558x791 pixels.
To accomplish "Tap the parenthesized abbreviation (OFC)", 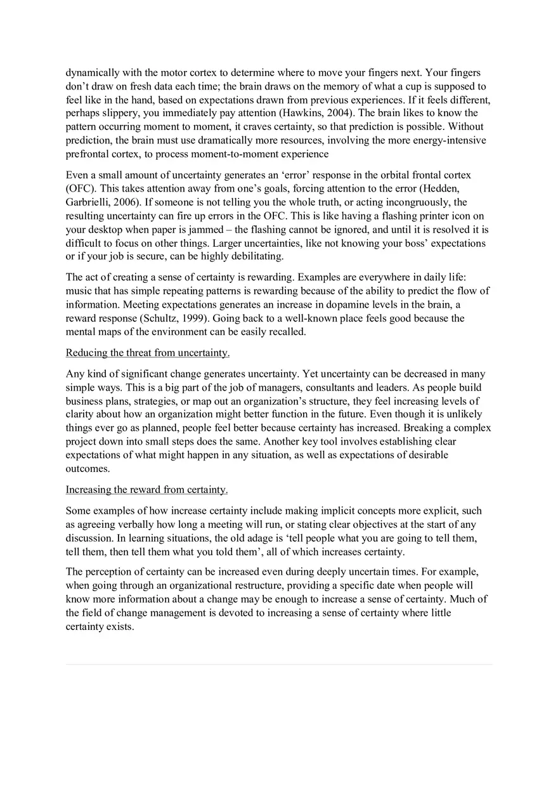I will [81, 188].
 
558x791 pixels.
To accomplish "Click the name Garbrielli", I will [90, 202].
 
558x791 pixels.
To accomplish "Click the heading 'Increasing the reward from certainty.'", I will [146, 490].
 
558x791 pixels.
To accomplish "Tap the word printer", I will [423, 216].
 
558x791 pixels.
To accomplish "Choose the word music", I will [80, 291].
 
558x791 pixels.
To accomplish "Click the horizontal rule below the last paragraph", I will [279, 664].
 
